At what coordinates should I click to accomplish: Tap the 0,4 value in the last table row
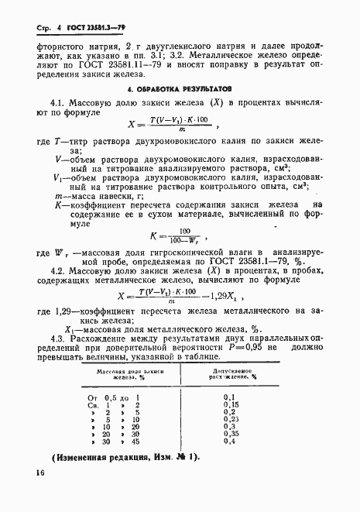click(230, 464)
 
